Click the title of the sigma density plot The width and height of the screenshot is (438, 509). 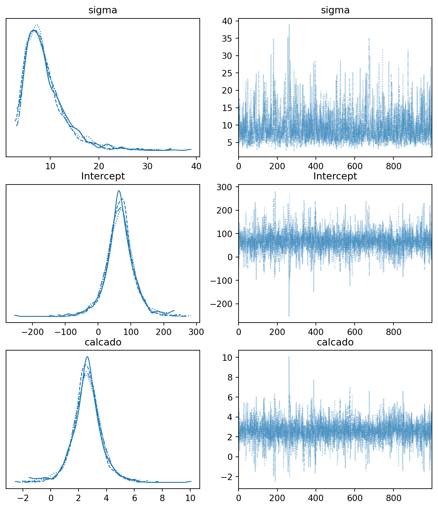pos(103,10)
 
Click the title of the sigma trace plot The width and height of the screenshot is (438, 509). pos(335,10)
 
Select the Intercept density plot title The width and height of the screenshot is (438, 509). pos(103,176)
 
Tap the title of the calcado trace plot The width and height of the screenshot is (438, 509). pos(335,342)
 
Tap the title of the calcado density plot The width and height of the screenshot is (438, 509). pos(103,342)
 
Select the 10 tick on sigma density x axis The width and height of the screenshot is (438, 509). pos(50,166)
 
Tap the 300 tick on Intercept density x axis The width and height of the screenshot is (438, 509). pos(196,332)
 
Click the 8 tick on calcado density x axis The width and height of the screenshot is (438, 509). pos(162,498)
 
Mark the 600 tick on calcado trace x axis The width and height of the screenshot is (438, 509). pos(354,498)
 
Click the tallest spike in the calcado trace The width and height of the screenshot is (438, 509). pos(289,357)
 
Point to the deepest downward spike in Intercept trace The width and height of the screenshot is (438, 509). pos(289,316)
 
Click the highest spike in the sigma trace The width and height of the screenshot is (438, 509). pos(289,25)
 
